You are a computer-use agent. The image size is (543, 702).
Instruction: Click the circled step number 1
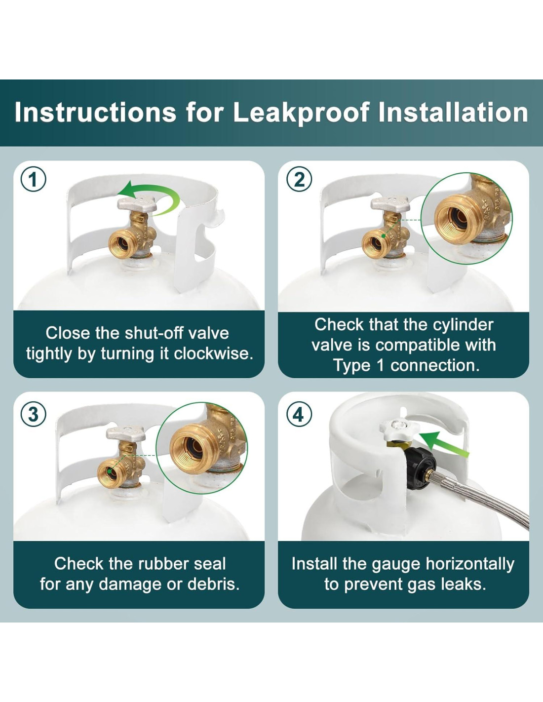click(34, 179)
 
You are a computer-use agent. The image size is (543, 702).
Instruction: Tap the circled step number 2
click(299, 179)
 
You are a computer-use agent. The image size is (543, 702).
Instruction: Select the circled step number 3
click(34, 414)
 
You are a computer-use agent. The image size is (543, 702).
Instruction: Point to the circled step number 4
click(299, 414)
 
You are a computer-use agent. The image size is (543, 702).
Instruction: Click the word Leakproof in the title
click(301, 113)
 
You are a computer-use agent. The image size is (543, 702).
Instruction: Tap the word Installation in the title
click(453, 113)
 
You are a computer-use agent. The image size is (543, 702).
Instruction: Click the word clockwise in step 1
click(213, 354)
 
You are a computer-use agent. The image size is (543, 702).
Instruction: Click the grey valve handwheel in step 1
click(137, 204)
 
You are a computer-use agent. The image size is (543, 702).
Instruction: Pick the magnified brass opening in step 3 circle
click(189, 449)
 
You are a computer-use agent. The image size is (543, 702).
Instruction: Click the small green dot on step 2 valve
click(384, 236)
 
